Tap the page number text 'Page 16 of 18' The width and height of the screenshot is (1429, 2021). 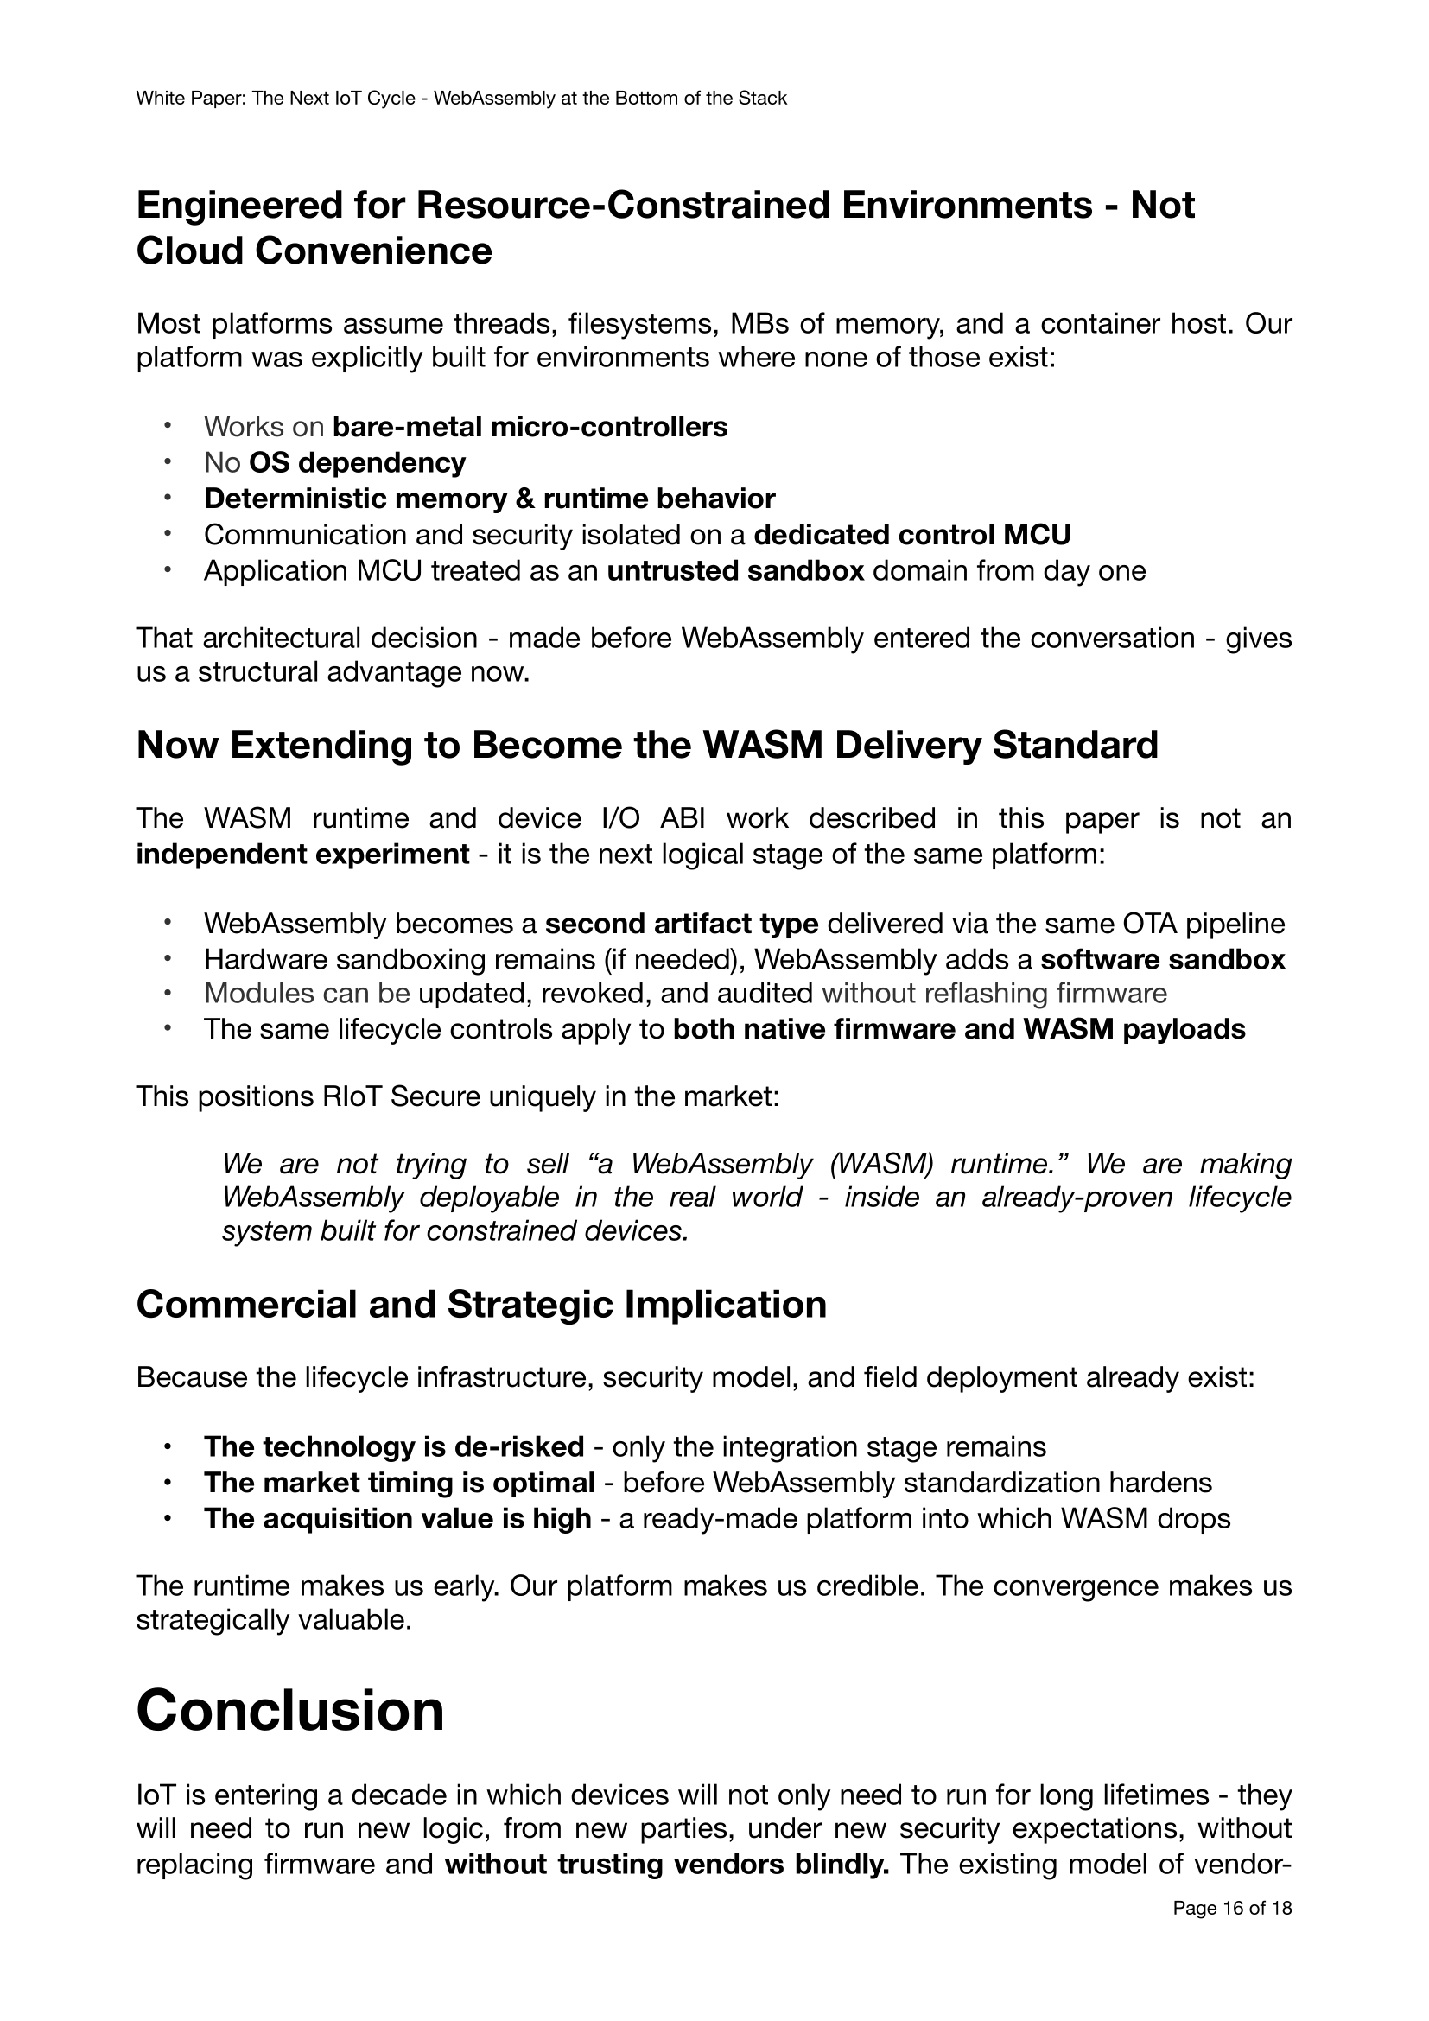coord(1232,1933)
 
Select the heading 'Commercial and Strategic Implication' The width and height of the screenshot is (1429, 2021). coord(481,1304)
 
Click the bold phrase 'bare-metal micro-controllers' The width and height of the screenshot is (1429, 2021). coord(530,427)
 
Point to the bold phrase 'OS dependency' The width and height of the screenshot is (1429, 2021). coord(358,462)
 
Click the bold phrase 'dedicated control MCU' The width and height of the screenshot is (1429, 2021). coord(912,534)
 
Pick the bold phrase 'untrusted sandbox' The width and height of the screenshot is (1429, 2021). coord(735,570)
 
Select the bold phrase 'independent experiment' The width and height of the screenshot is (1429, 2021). coord(302,854)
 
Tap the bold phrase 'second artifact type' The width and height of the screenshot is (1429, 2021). coord(682,924)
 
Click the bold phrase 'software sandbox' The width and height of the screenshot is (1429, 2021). coord(1162,958)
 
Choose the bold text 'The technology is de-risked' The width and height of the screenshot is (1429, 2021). coord(394,1446)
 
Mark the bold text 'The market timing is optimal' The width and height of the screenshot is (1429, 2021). coord(399,1483)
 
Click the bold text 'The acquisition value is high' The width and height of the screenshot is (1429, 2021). coord(397,1518)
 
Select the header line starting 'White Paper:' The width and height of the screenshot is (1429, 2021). coord(461,99)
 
